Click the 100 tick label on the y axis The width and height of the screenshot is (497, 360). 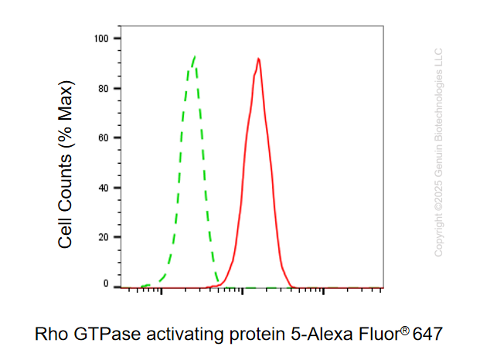tap(101, 39)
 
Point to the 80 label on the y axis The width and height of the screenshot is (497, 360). tap(104, 89)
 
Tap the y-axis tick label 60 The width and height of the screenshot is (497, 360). tap(104, 138)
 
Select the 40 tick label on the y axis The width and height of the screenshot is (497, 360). tap(104, 188)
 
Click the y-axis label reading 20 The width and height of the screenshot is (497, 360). tap(104, 237)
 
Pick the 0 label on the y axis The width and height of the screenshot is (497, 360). tap(106, 284)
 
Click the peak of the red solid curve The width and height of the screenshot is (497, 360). tap(259, 59)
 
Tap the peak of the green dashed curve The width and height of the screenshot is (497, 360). tap(195, 56)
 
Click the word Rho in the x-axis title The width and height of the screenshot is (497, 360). tap(51, 334)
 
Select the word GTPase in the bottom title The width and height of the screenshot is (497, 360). tap(107, 334)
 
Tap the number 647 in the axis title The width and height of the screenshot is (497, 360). tap(427, 334)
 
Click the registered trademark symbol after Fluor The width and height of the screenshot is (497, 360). tap(405, 331)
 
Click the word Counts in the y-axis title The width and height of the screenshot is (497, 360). tap(65, 184)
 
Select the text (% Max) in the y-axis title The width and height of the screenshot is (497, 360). tap(66, 114)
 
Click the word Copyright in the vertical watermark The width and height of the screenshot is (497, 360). tap(438, 235)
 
